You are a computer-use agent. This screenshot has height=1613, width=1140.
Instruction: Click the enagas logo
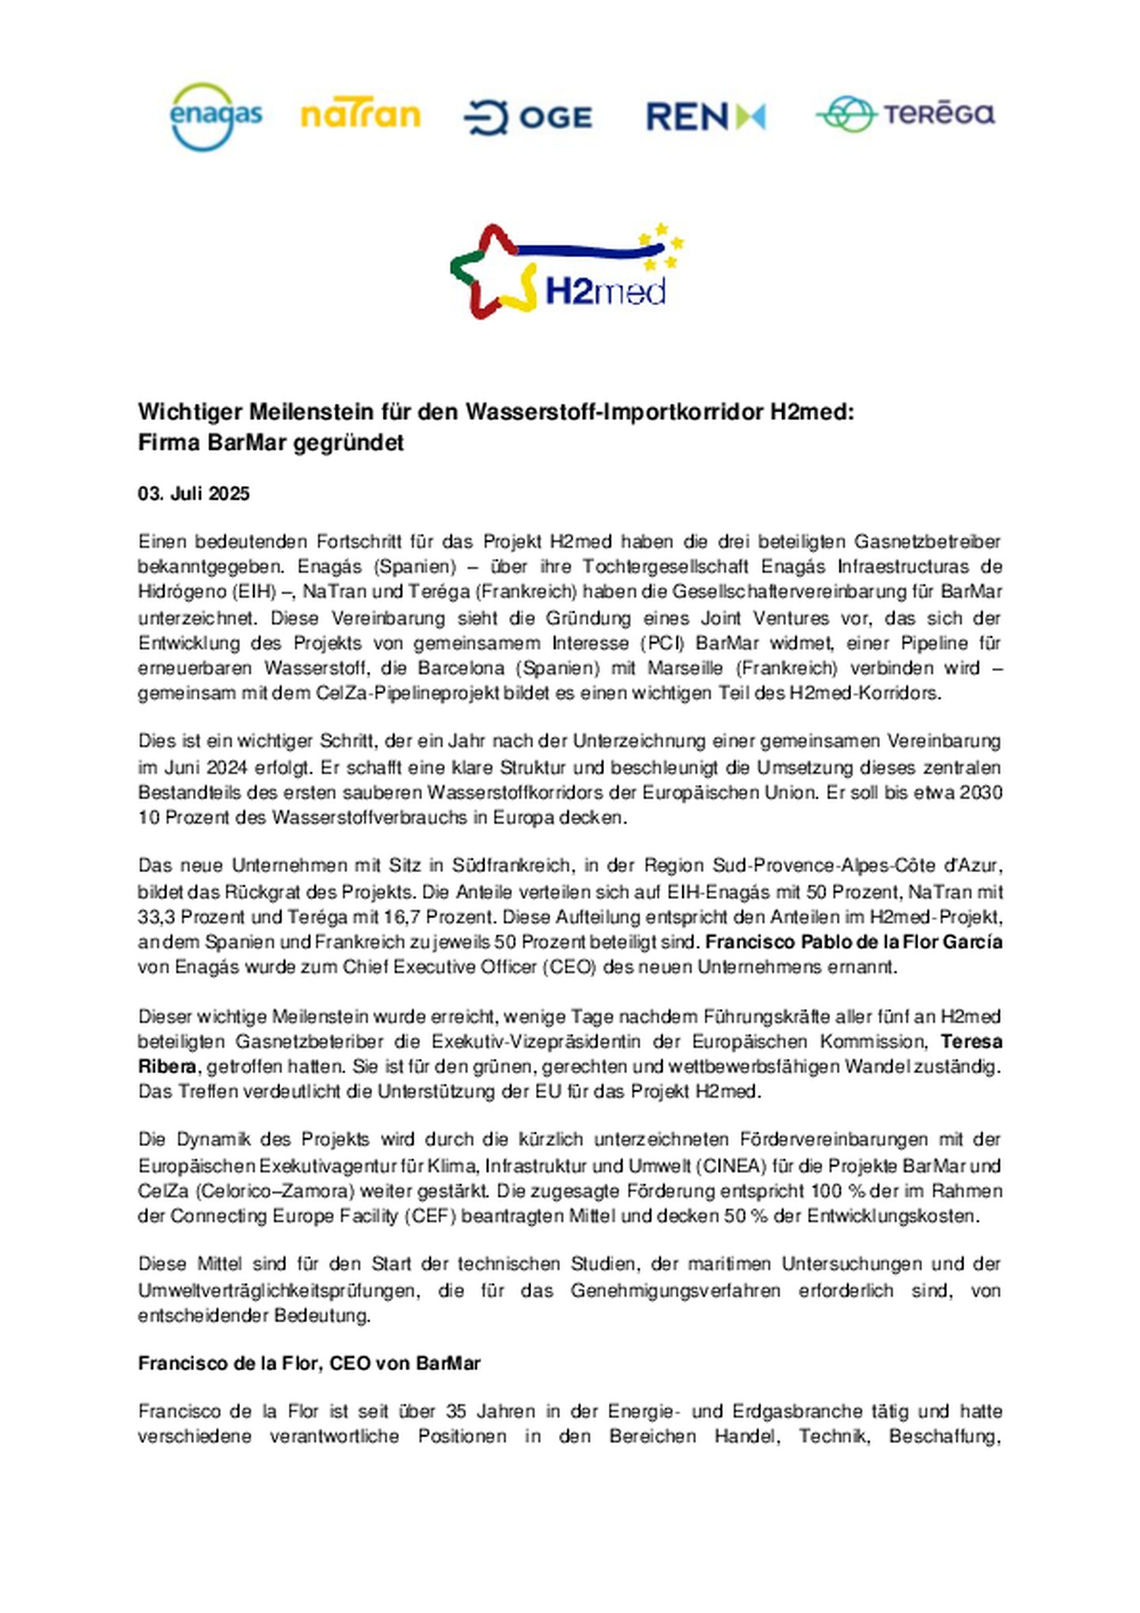(x=215, y=116)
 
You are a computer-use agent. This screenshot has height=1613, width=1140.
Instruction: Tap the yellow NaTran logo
(x=360, y=116)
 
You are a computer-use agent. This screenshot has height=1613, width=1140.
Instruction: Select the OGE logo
(x=527, y=117)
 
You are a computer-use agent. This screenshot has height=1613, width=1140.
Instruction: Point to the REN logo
(x=705, y=116)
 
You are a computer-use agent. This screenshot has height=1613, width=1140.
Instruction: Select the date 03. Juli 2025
(x=193, y=494)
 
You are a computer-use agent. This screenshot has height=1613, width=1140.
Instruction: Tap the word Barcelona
(x=460, y=667)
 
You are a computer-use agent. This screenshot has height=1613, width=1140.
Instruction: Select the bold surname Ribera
(x=166, y=1066)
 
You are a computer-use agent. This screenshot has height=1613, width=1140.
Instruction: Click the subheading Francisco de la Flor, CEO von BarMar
(x=309, y=1363)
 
